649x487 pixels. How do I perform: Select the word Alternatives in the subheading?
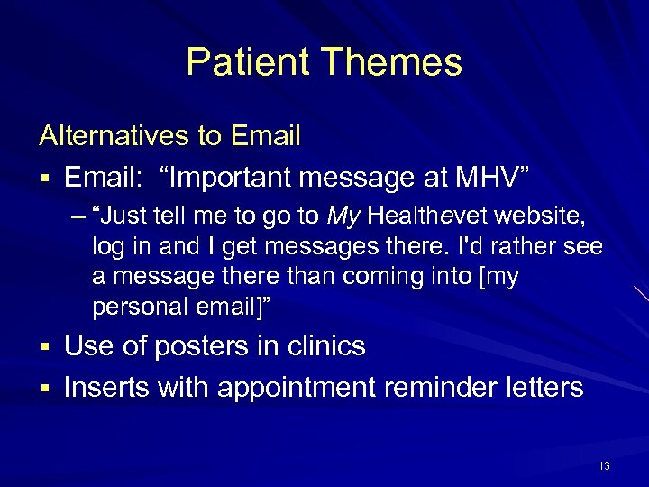(x=114, y=136)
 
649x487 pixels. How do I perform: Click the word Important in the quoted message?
(x=237, y=179)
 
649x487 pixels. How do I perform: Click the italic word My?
(x=344, y=216)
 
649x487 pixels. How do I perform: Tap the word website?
(x=547, y=216)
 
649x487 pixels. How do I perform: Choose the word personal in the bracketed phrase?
(x=136, y=307)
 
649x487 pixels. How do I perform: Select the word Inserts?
(x=106, y=388)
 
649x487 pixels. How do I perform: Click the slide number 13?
(x=604, y=466)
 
